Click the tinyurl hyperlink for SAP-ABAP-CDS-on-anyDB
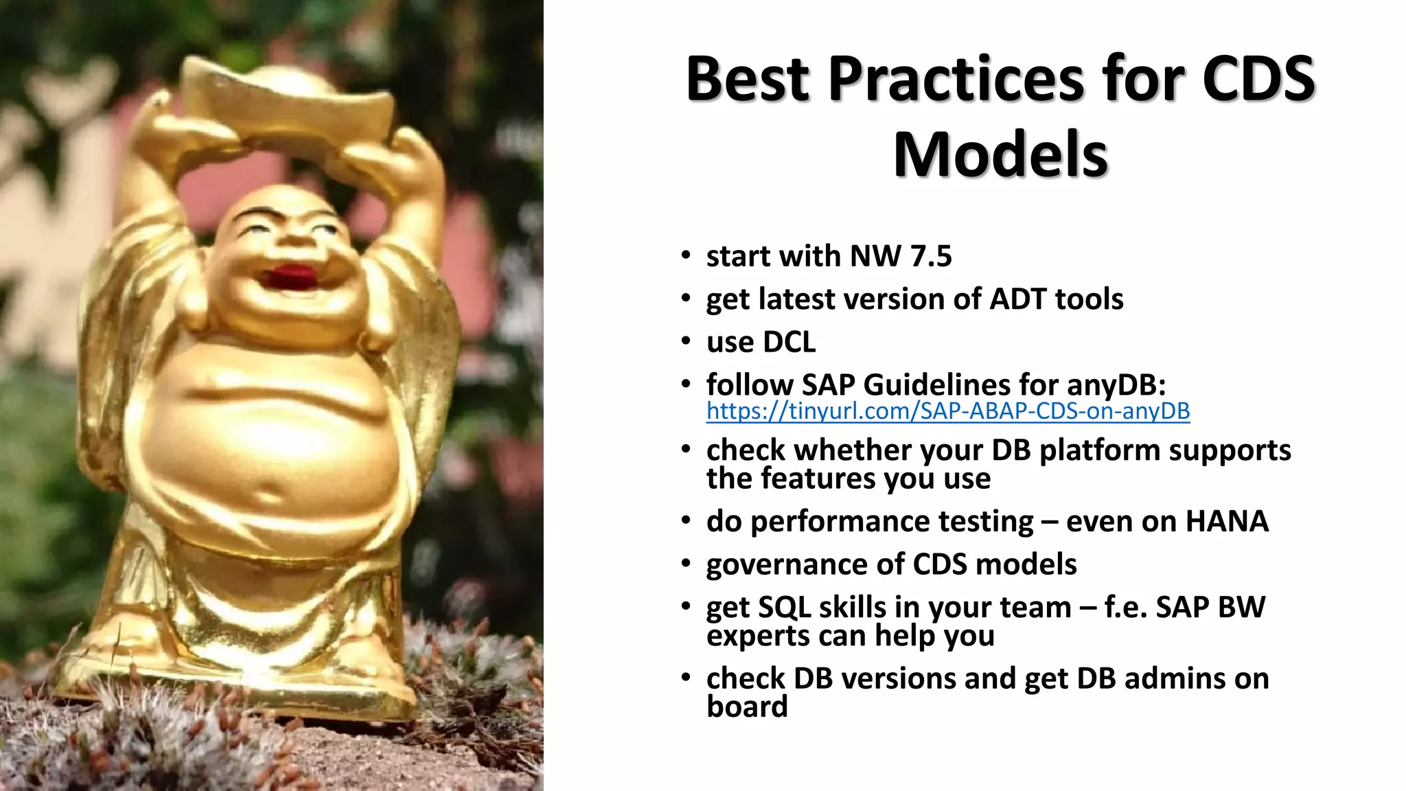[x=947, y=411]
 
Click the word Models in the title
[x=1000, y=155]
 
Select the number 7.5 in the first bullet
[x=931, y=257]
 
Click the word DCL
[x=789, y=343]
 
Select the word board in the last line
[x=747, y=707]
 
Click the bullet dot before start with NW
[x=685, y=256]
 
